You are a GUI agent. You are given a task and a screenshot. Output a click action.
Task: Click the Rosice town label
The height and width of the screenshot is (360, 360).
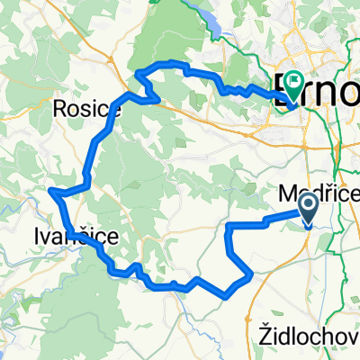pyautogui.click(x=87, y=108)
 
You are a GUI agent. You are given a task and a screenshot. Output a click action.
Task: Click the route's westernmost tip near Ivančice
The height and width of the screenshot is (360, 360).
pyautogui.click(x=51, y=191)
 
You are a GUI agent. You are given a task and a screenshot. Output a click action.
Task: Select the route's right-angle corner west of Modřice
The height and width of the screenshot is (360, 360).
pyautogui.click(x=230, y=223)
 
